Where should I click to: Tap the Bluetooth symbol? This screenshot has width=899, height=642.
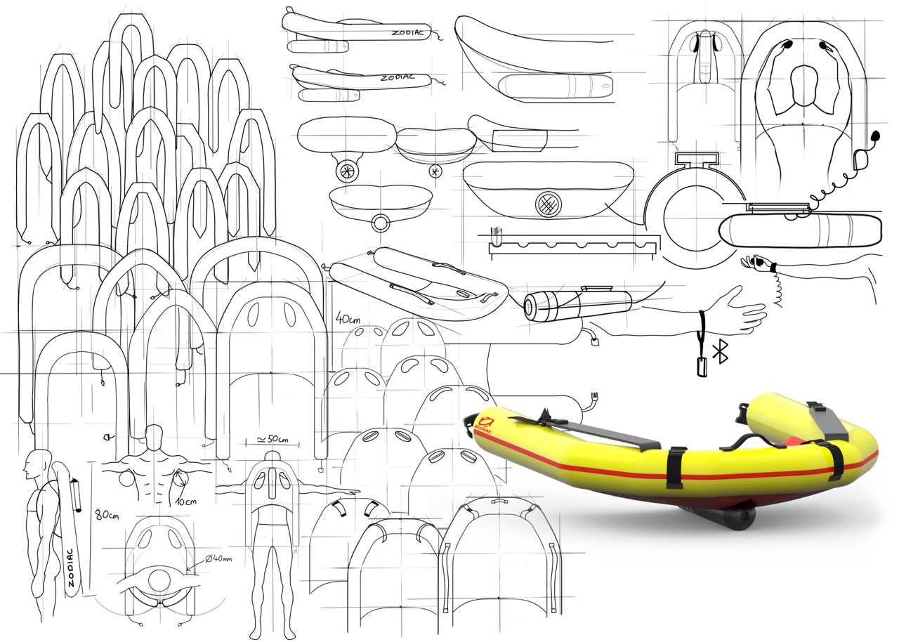[x=720, y=351]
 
